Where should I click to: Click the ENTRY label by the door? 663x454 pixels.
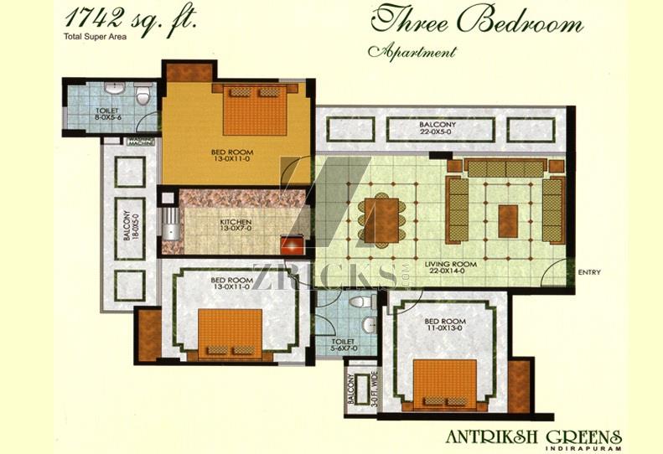589,273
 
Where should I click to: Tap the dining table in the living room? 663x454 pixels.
381,220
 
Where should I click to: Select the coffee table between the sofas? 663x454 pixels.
508,221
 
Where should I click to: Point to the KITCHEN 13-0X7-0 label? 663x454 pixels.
236,224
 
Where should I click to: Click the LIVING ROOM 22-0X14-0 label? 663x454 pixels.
451,267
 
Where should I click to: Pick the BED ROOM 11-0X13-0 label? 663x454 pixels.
445,325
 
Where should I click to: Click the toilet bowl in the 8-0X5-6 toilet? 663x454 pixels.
143,94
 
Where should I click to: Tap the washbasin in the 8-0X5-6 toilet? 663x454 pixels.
114,88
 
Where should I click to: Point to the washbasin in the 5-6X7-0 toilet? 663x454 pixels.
369,325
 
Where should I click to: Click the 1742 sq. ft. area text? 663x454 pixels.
131,18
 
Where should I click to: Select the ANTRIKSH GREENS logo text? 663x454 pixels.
534,436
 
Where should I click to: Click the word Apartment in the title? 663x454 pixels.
412,51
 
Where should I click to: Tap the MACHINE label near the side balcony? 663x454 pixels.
141,142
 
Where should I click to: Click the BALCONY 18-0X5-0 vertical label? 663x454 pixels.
130,225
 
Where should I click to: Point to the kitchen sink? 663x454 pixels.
170,224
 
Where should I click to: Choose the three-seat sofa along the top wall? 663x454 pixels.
505,168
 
